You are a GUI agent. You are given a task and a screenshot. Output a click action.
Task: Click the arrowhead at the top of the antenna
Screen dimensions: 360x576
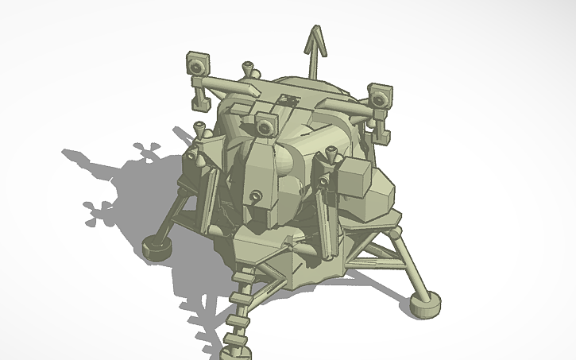(x=316, y=38)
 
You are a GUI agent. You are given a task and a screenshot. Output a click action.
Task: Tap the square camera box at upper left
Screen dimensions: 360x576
(x=197, y=63)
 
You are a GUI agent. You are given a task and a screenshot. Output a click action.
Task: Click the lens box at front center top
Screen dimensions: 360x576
(x=265, y=124)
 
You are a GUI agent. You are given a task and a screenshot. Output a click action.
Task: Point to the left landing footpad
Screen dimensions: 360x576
(x=157, y=246)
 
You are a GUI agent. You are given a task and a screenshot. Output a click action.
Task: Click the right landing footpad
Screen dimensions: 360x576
(x=424, y=304)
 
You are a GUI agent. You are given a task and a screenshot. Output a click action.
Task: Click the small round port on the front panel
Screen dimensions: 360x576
(x=255, y=196)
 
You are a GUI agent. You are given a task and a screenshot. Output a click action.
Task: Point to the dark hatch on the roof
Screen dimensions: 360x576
(x=288, y=100)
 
